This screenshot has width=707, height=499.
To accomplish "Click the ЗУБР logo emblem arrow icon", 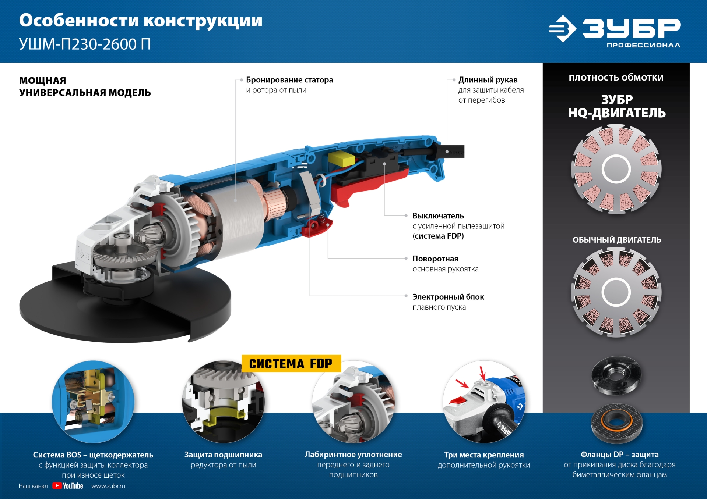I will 562,29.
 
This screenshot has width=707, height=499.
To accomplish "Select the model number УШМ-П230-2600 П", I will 85,44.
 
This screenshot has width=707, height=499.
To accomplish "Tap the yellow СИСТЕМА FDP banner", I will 291,363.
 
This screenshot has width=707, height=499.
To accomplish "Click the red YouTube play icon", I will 57,486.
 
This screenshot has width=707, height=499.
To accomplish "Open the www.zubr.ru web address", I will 108,486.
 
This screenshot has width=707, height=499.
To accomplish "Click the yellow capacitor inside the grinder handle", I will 341,159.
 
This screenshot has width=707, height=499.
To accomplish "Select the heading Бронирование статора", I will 289,80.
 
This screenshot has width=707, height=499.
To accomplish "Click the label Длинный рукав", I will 488,80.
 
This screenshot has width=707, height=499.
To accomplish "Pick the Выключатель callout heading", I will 438,216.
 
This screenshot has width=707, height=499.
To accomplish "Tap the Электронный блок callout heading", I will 448,297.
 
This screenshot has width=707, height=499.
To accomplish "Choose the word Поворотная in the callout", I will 435,259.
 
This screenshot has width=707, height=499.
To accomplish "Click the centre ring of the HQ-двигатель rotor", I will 616,169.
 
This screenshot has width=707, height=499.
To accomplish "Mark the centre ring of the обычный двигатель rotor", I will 616,292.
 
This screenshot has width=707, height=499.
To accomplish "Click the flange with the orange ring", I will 617,423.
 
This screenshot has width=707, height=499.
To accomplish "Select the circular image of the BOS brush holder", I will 93,402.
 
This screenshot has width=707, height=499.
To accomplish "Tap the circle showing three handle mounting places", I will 484,402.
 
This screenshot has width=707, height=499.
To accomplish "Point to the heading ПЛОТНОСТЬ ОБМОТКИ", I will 616,78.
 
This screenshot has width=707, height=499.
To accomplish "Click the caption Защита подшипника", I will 223,455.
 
